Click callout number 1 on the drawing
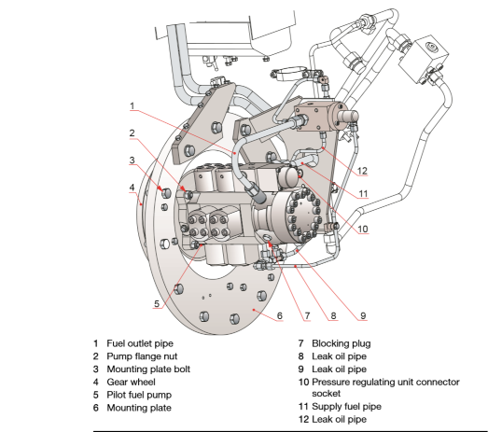pos(132,105)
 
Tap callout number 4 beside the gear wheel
pos(132,188)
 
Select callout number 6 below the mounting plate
pos(280,315)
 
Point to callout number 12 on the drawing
pos(362,171)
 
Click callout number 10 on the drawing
pos(363,229)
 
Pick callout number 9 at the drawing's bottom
pos(363,315)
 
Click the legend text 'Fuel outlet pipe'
pos(140,343)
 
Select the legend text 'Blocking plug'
pos(342,343)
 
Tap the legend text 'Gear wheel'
pos(131,382)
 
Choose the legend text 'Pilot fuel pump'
pos(139,395)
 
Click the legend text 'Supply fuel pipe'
pos(347,407)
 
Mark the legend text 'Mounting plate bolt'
pos(148,369)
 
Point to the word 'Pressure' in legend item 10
pos(329,382)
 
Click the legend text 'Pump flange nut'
pos(142,356)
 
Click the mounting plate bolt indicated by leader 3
pos(166,193)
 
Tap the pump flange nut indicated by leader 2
pos(188,194)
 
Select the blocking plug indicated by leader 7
pos(267,237)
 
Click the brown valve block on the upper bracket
pos(315,116)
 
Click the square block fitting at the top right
pos(424,59)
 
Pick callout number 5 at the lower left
pos(157,303)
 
